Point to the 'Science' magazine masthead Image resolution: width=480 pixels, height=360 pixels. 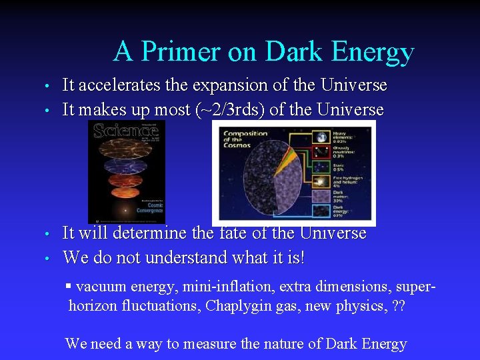(x=126, y=130)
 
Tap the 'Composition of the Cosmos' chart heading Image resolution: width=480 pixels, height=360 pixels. (x=246, y=139)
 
